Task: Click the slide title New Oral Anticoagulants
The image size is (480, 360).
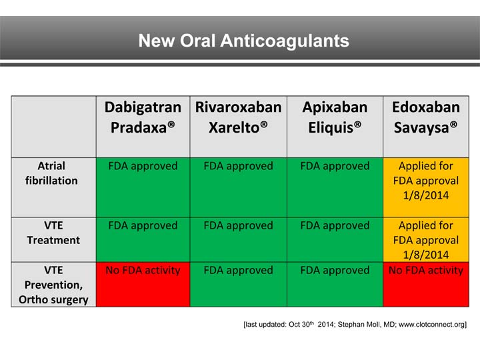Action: [x=243, y=41]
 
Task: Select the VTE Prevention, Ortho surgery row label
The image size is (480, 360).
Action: [x=53, y=285]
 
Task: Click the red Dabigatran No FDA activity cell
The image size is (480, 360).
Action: [x=143, y=285]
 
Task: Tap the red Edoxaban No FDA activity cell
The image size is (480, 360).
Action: [x=425, y=285]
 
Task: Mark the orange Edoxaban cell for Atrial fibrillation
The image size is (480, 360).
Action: [x=425, y=187]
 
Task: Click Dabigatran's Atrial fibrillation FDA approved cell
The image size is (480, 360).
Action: [x=143, y=187]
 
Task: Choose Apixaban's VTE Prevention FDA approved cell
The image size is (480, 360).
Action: [x=335, y=285]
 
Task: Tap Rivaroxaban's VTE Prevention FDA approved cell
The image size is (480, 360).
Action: [x=238, y=285]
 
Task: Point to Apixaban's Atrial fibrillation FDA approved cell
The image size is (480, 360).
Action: [x=335, y=187]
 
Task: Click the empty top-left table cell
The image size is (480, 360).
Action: [x=53, y=126]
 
